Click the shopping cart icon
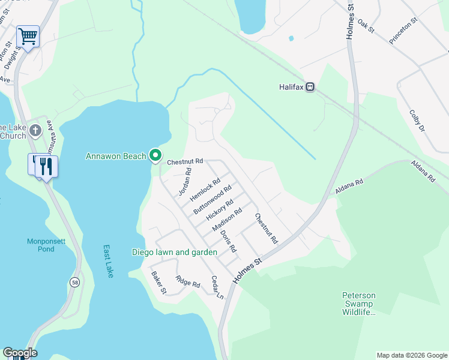click(28, 37)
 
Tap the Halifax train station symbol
click(310, 87)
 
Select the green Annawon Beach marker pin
click(155, 156)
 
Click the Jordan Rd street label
click(184, 182)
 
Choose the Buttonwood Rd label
click(212, 201)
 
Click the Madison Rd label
click(228, 220)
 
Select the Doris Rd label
click(228, 241)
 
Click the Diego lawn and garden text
click(174, 252)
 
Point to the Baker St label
click(158, 283)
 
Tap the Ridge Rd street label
click(187, 281)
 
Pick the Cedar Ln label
click(217, 287)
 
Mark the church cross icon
click(35, 130)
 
